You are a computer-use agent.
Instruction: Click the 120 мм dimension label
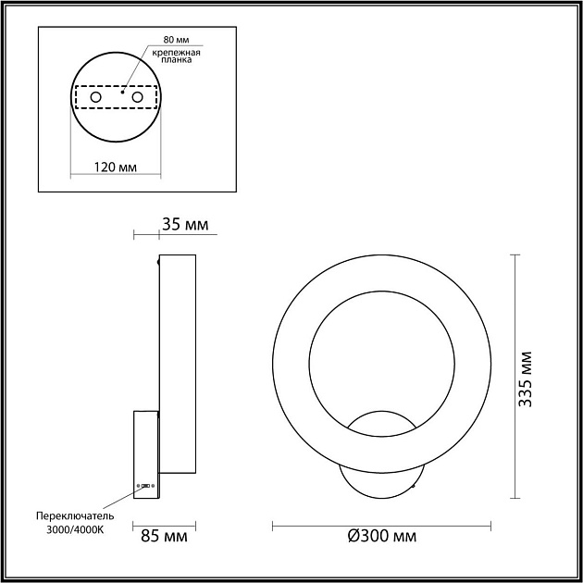pos(116,167)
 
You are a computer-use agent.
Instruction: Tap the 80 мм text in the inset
pos(176,40)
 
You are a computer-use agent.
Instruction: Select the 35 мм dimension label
pos(185,225)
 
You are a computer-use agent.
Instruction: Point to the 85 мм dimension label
pos(164,536)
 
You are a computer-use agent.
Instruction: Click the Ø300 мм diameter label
pos(382,536)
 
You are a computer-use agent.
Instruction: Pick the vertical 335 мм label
pos(526,379)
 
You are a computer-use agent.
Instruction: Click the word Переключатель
pos(75,516)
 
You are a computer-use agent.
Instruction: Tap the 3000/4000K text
pos(75,530)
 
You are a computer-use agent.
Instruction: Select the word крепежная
pos(176,53)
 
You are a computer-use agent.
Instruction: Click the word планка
pos(176,60)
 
